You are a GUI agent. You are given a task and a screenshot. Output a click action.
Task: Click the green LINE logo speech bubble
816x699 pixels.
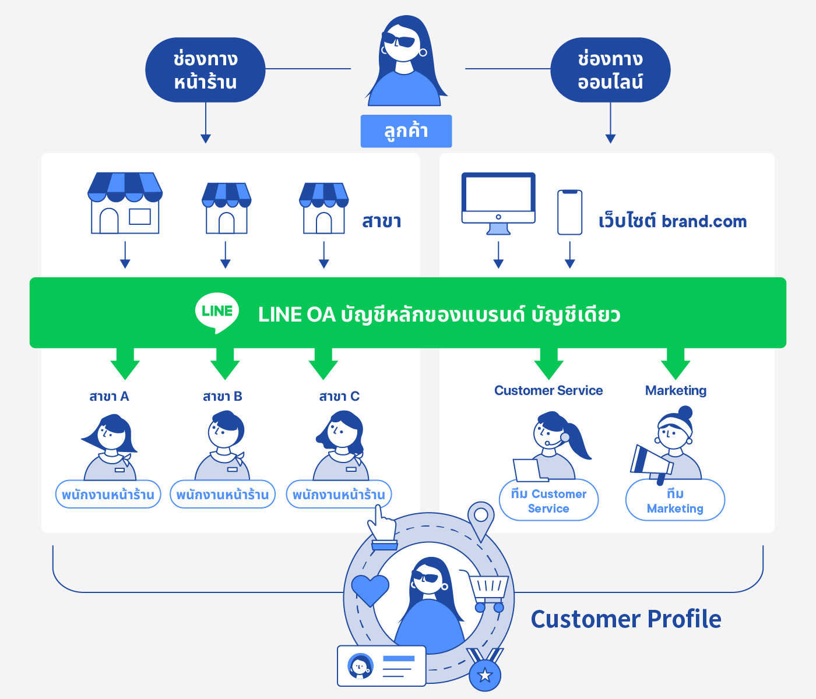(217, 312)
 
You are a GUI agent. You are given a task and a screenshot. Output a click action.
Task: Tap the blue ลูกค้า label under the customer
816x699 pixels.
(406, 131)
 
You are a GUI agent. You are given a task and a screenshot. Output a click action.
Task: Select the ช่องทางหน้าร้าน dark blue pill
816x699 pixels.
(205, 70)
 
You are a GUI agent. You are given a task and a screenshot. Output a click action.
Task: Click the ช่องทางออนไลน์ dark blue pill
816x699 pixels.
(610, 70)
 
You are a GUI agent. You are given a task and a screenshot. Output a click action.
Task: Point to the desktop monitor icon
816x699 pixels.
(498, 201)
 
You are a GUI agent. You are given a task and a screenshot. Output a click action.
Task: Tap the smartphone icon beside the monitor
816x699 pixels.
(569, 212)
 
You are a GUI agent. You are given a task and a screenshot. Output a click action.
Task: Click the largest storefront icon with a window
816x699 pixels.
(125, 203)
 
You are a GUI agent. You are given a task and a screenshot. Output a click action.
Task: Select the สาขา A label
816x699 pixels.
(109, 397)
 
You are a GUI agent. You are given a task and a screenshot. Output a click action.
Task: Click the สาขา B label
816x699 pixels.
(223, 397)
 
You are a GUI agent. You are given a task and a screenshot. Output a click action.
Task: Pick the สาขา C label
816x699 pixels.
(339, 397)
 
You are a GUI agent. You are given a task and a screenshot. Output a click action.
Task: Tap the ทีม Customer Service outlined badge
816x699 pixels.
(548, 500)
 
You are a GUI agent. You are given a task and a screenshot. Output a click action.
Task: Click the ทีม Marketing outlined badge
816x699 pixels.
(675, 500)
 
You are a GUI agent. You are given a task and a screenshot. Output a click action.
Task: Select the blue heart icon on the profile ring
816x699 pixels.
(370, 589)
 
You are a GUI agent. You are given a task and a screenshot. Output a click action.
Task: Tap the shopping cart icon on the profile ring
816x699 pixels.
(488, 591)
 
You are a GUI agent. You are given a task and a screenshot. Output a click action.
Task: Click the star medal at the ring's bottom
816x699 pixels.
(485, 673)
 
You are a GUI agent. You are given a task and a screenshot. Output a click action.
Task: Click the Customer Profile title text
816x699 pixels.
(626, 619)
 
